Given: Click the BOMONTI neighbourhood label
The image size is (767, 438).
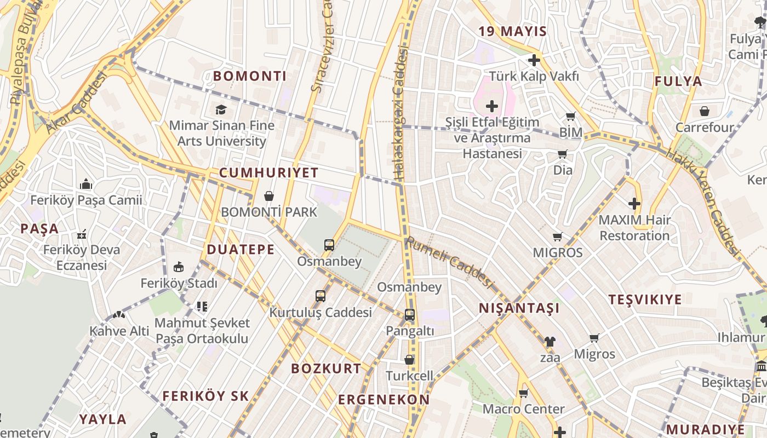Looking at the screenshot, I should pos(250,76).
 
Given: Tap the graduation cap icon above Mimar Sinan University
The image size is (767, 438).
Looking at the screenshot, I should pos(221,110).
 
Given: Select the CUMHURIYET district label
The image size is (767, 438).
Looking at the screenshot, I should pos(268,173).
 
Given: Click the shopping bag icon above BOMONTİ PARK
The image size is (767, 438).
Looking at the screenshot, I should pos(269,195).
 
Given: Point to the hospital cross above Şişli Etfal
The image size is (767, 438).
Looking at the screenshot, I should pos(492,106).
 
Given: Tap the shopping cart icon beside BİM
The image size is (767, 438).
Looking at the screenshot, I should pos(571,116).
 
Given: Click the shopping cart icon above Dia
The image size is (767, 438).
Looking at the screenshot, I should pos(563,154).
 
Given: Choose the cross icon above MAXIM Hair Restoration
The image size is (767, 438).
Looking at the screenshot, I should pos(634,204).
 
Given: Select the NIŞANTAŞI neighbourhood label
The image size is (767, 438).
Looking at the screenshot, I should pos(519,308).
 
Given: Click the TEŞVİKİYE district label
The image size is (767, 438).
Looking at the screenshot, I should pos(645,299).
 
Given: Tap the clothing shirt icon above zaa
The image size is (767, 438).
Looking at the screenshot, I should pos(550,342).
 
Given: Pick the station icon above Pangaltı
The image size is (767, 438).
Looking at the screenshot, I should pos(409,315).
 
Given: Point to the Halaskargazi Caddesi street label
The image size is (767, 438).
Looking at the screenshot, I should pos(401,115).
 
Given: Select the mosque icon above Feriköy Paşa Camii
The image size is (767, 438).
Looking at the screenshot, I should pos(86,184).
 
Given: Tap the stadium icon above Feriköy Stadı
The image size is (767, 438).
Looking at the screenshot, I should pos(179,267).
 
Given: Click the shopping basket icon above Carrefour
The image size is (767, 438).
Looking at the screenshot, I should pos(705,111).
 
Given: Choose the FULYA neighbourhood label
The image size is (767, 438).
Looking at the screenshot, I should pos(678,82).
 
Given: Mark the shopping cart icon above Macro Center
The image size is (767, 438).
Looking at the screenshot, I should pos(523,393).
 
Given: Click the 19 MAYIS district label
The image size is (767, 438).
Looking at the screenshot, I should pos(513,31).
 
